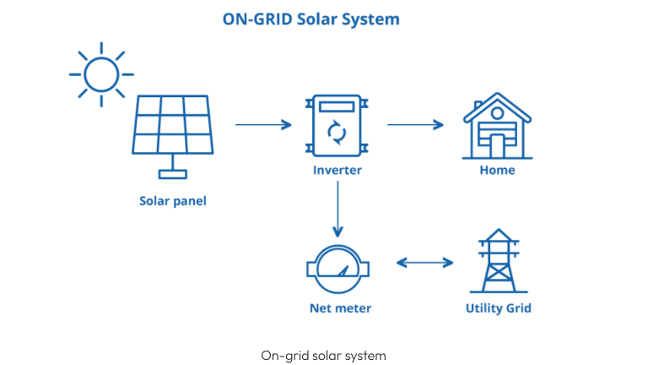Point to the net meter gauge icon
[337, 269]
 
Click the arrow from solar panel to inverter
[263, 125]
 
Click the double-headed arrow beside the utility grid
[424, 263]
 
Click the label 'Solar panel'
[173, 201]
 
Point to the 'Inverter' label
[337, 171]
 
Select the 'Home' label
[497, 171]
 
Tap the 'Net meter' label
[337, 308]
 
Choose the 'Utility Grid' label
[498, 308]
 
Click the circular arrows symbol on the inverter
[336, 132]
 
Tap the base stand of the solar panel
[173, 173]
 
